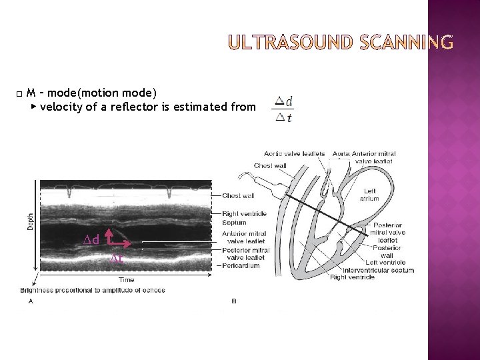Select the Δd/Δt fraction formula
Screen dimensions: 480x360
pos(284,109)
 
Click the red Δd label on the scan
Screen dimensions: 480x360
pos(91,239)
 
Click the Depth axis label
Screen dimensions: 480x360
pos(30,220)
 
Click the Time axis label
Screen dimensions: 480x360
pos(127,280)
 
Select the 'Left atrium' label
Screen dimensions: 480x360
pos(369,195)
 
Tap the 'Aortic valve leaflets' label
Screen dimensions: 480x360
pos(294,154)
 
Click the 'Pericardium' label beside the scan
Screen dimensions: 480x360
pos(241,266)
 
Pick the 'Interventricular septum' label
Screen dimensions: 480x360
pos(379,270)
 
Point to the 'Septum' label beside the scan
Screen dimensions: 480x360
pos(235,222)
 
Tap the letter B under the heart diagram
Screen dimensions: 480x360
pos(233,301)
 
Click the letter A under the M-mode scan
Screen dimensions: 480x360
pos(31,301)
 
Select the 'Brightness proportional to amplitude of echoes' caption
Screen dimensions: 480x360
pos(93,290)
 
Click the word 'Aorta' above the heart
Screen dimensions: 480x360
pos(341,154)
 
